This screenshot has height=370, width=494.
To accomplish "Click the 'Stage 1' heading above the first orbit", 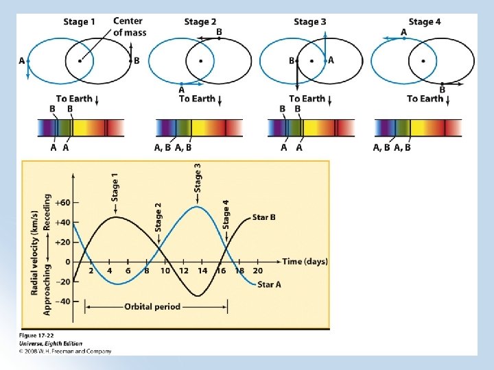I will [80, 22].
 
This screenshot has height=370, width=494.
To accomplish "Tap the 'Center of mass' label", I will [128, 27].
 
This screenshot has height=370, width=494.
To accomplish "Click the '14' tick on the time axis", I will [202, 271].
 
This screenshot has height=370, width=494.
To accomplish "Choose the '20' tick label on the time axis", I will [257, 271].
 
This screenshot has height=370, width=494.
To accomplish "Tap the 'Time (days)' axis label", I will [305, 262].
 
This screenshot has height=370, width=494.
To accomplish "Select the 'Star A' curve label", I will [269, 284].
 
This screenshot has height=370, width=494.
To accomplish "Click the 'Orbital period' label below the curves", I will [152, 307].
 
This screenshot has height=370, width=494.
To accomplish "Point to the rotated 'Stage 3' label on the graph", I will [198, 177].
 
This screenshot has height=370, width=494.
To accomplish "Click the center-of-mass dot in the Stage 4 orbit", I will [423, 60].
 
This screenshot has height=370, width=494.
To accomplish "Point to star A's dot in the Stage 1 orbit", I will [28, 60].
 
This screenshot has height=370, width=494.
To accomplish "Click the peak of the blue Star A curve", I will [198, 207].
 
